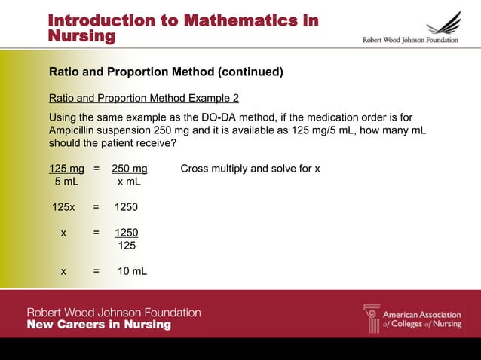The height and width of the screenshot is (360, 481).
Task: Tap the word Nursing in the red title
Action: (81, 36)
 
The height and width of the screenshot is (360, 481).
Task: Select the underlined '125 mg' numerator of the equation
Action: (66, 168)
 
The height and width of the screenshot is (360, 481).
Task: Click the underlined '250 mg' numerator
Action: (129, 168)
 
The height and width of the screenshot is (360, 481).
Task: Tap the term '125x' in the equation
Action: (63, 206)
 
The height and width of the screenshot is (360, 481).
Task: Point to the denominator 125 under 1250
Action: (127, 246)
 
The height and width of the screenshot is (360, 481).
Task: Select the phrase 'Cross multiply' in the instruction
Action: (215, 168)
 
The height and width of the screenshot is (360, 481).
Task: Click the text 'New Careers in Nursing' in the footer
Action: (99, 325)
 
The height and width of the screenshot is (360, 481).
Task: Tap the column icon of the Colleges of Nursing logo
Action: (372, 318)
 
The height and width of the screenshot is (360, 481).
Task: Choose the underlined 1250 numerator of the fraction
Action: (126, 233)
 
